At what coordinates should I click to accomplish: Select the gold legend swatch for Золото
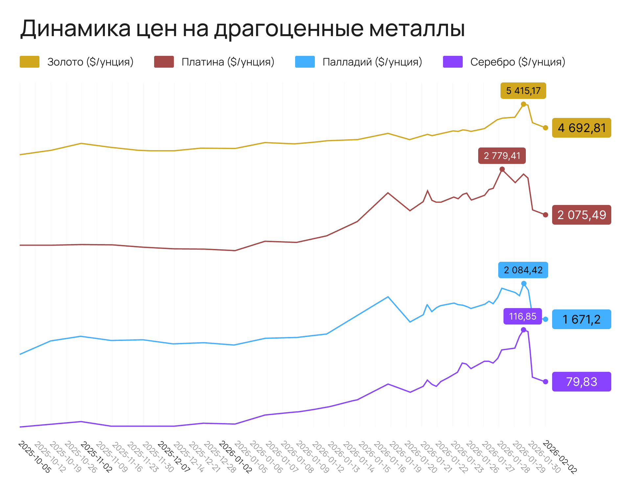point(30,62)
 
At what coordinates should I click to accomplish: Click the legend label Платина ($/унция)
point(228,62)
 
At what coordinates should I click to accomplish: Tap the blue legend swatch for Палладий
point(305,62)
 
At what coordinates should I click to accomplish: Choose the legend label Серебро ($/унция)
point(518,62)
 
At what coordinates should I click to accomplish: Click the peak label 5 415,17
point(523,91)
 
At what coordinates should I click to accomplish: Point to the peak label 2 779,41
point(502,156)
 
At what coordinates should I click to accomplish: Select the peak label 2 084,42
point(523,270)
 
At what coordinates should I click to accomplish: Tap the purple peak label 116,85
point(523,316)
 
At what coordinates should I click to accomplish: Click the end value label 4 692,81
point(581,128)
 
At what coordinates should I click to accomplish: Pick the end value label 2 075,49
point(581,215)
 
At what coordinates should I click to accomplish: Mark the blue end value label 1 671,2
point(581,319)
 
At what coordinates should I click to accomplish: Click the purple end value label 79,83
point(581,382)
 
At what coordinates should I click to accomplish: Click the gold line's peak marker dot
point(524,104)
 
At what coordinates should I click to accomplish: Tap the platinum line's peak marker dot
point(502,169)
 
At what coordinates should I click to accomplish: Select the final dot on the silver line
point(546,382)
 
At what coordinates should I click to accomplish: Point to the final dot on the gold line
point(546,128)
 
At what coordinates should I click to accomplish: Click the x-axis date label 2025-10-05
point(35,457)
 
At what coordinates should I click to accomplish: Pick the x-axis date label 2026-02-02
point(560,457)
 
